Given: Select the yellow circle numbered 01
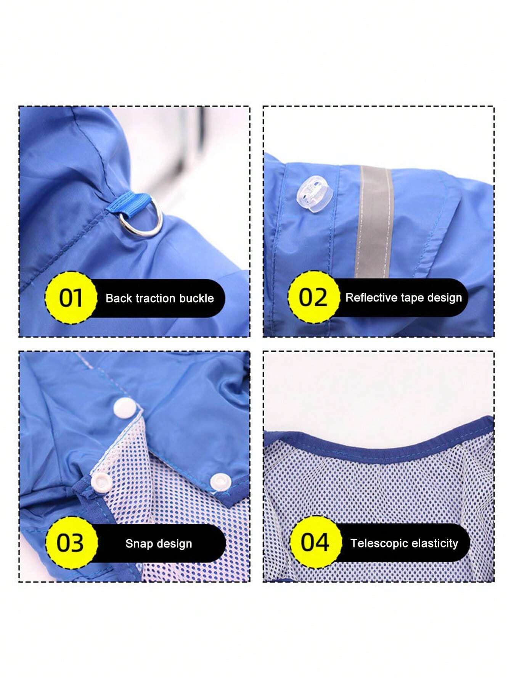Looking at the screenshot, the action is pyautogui.click(x=71, y=298).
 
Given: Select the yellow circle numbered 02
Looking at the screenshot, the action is pyautogui.click(x=313, y=298).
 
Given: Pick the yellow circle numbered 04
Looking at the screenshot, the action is pyautogui.click(x=315, y=542).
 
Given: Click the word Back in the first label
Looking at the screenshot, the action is pyautogui.click(x=117, y=298).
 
